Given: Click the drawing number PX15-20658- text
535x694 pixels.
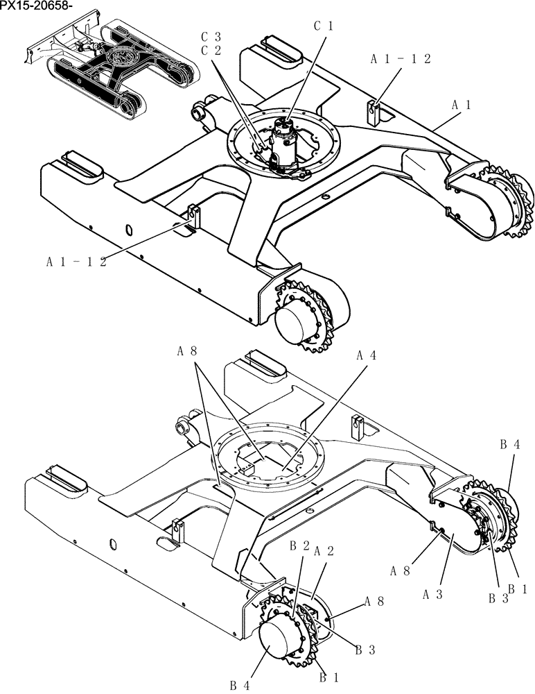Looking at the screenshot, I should pyautogui.click(x=36, y=6).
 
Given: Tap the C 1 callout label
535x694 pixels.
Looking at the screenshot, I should pyautogui.click(x=324, y=26).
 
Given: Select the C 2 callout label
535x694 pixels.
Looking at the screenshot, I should pyautogui.click(x=211, y=51).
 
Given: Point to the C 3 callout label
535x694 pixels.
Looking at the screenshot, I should pyautogui.click(x=211, y=36).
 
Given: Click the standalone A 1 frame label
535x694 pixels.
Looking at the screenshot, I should pyautogui.click(x=462, y=105).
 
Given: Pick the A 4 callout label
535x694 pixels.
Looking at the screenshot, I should pyautogui.click(x=367, y=355).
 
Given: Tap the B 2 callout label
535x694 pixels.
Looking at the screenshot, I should pyautogui.click(x=299, y=545).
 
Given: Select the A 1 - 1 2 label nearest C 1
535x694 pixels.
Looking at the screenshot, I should pyautogui.click(x=401, y=59).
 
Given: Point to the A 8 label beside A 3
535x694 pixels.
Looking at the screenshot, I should pyautogui.click(x=401, y=570).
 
